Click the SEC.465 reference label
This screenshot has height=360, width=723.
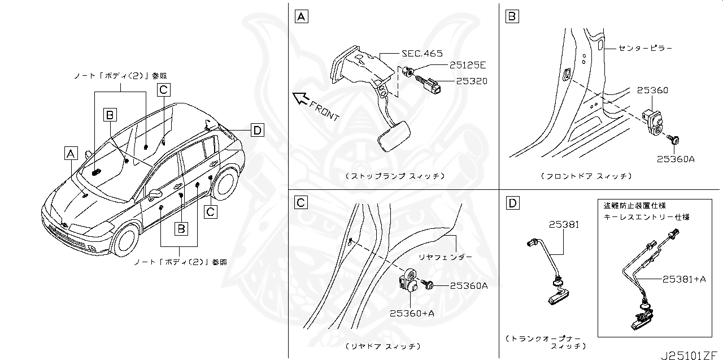[422, 54]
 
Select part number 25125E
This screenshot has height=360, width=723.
[468, 66]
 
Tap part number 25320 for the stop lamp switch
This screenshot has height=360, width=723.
[468, 81]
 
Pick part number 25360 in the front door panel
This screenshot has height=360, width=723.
[652, 90]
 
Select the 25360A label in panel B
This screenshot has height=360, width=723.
[675, 159]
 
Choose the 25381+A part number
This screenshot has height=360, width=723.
[684, 279]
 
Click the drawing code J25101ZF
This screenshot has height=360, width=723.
[690, 355]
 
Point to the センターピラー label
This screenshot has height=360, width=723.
[645, 48]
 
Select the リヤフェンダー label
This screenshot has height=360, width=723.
[449, 257]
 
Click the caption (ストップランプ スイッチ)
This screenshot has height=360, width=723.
[394, 176]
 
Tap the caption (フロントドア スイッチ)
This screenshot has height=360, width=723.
[585, 176]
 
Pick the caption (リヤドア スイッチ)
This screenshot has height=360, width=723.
[382, 345]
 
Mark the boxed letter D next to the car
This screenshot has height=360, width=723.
[257, 131]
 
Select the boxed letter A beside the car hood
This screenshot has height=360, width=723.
[70, 153]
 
